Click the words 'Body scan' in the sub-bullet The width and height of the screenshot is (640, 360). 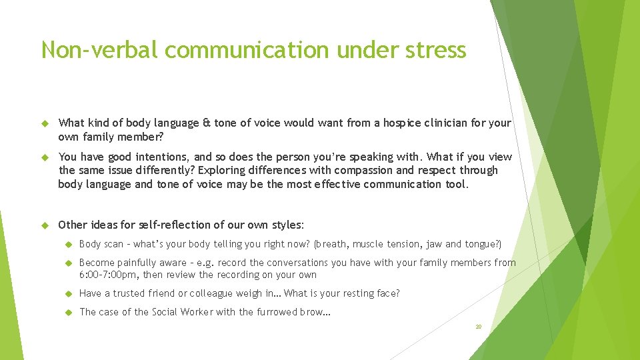101,244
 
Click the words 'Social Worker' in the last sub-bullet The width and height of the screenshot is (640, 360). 182,312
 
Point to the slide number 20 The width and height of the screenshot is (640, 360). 478,327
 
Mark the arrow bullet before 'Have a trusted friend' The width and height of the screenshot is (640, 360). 67,294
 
